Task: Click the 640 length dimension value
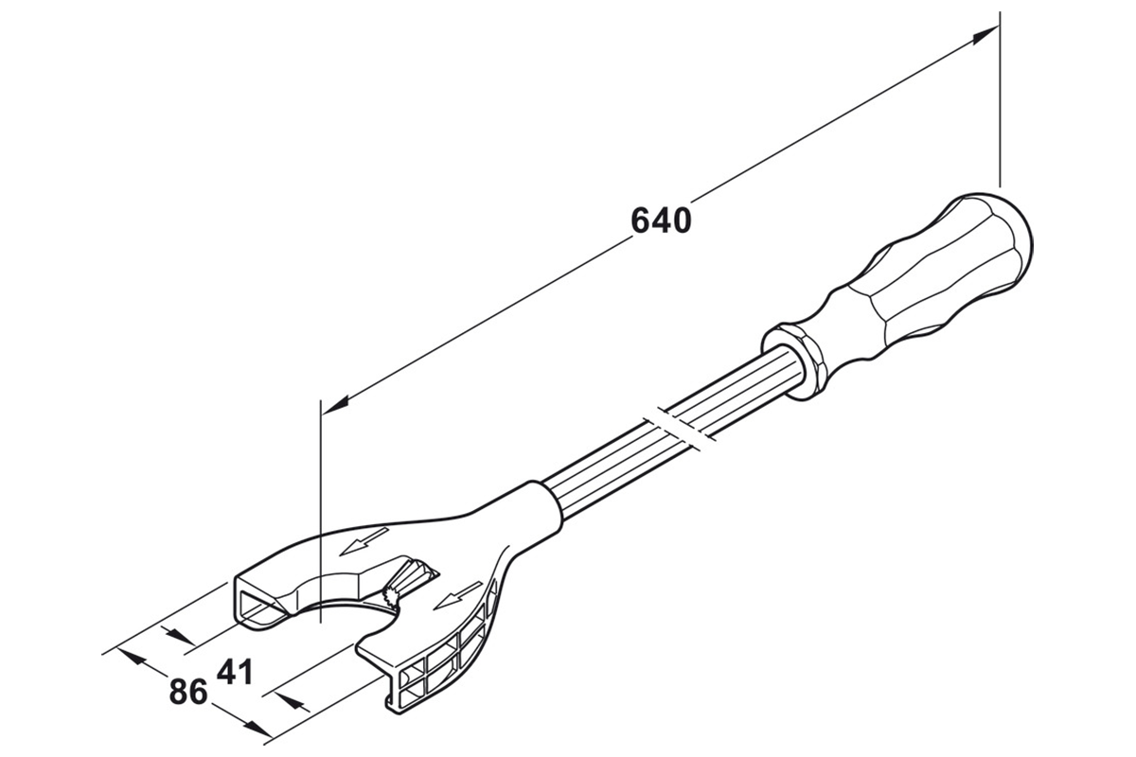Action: click(x=662, y=220)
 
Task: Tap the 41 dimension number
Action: click(x=234, y=673)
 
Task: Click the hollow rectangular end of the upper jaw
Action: click(x=257, y=600)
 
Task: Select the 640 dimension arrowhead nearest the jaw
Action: click(x=336, y=403)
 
